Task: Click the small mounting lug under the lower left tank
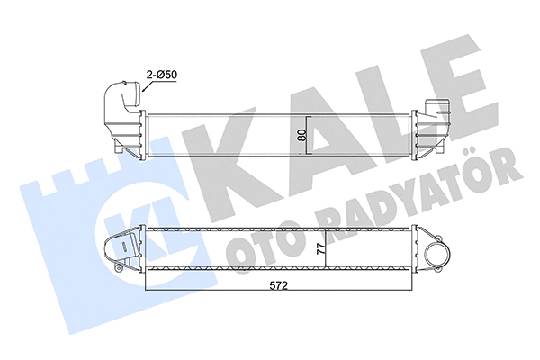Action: (x=119, y=267)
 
